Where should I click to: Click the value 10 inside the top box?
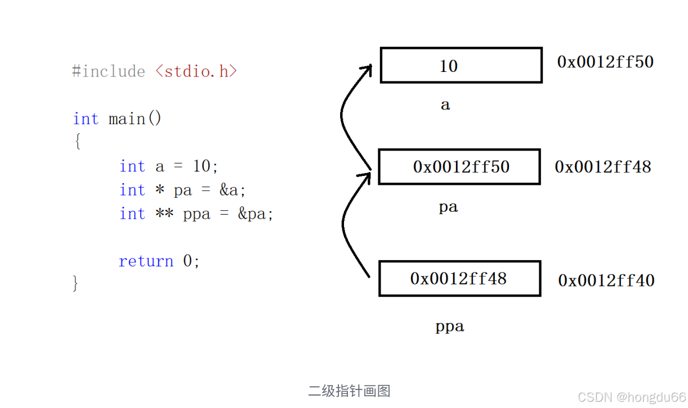(x=448, y=66)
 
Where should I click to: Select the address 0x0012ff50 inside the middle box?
(x=461, y=167)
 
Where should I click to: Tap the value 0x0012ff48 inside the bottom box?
(x=458, y=278)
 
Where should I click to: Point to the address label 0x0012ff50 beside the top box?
(x=605, y=61)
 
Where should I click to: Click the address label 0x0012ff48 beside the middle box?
(x=603, y=166)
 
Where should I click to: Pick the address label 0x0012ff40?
(x=606, y=280)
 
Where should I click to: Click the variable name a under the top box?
(x=445, y=105)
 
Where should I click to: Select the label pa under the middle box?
(x=448, y=207)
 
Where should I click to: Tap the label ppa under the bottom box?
(x=450, y=326)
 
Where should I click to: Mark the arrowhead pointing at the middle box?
(x=366, y=177)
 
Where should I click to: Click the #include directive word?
(x=109, y=71)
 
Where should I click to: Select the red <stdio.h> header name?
(x=196, y=71)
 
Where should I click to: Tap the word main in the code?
(x=127, y=119)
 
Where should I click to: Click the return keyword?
(x=146, y=261)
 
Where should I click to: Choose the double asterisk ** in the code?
(x=165, y=214)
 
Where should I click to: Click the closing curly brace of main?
(x=76, y=283)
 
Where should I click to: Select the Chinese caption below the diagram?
(x=349, y=391)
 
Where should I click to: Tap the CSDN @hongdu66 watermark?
(x=632, y=397)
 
